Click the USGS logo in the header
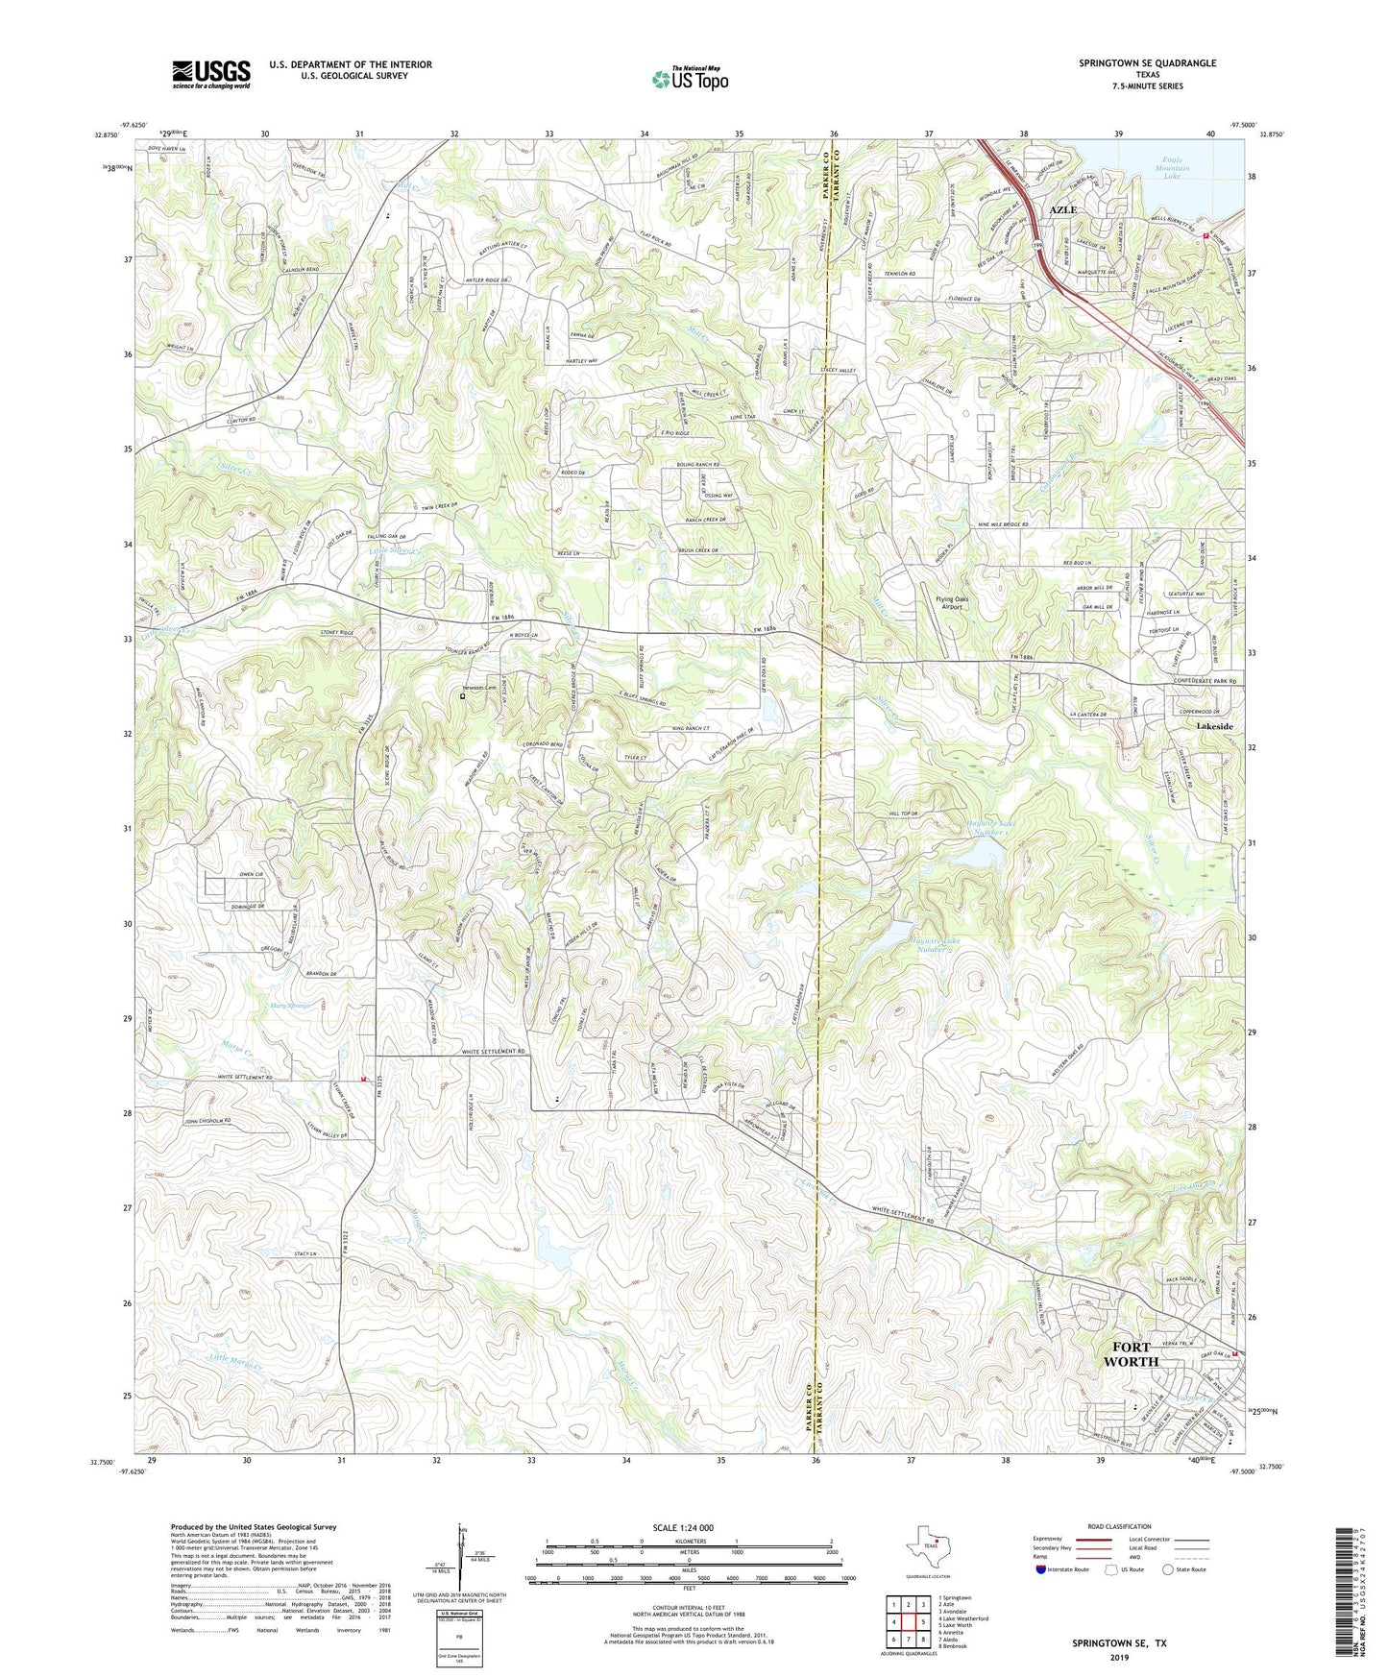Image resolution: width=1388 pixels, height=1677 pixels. tap(211, 73)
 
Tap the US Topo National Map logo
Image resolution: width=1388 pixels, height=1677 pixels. tap(689, 78)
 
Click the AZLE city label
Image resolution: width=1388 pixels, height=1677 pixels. tap(1062, 209)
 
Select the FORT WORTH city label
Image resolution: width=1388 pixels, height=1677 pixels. tap(1131, 1354)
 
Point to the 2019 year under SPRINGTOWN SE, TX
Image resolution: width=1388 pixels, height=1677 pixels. tap(1118, 1657)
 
